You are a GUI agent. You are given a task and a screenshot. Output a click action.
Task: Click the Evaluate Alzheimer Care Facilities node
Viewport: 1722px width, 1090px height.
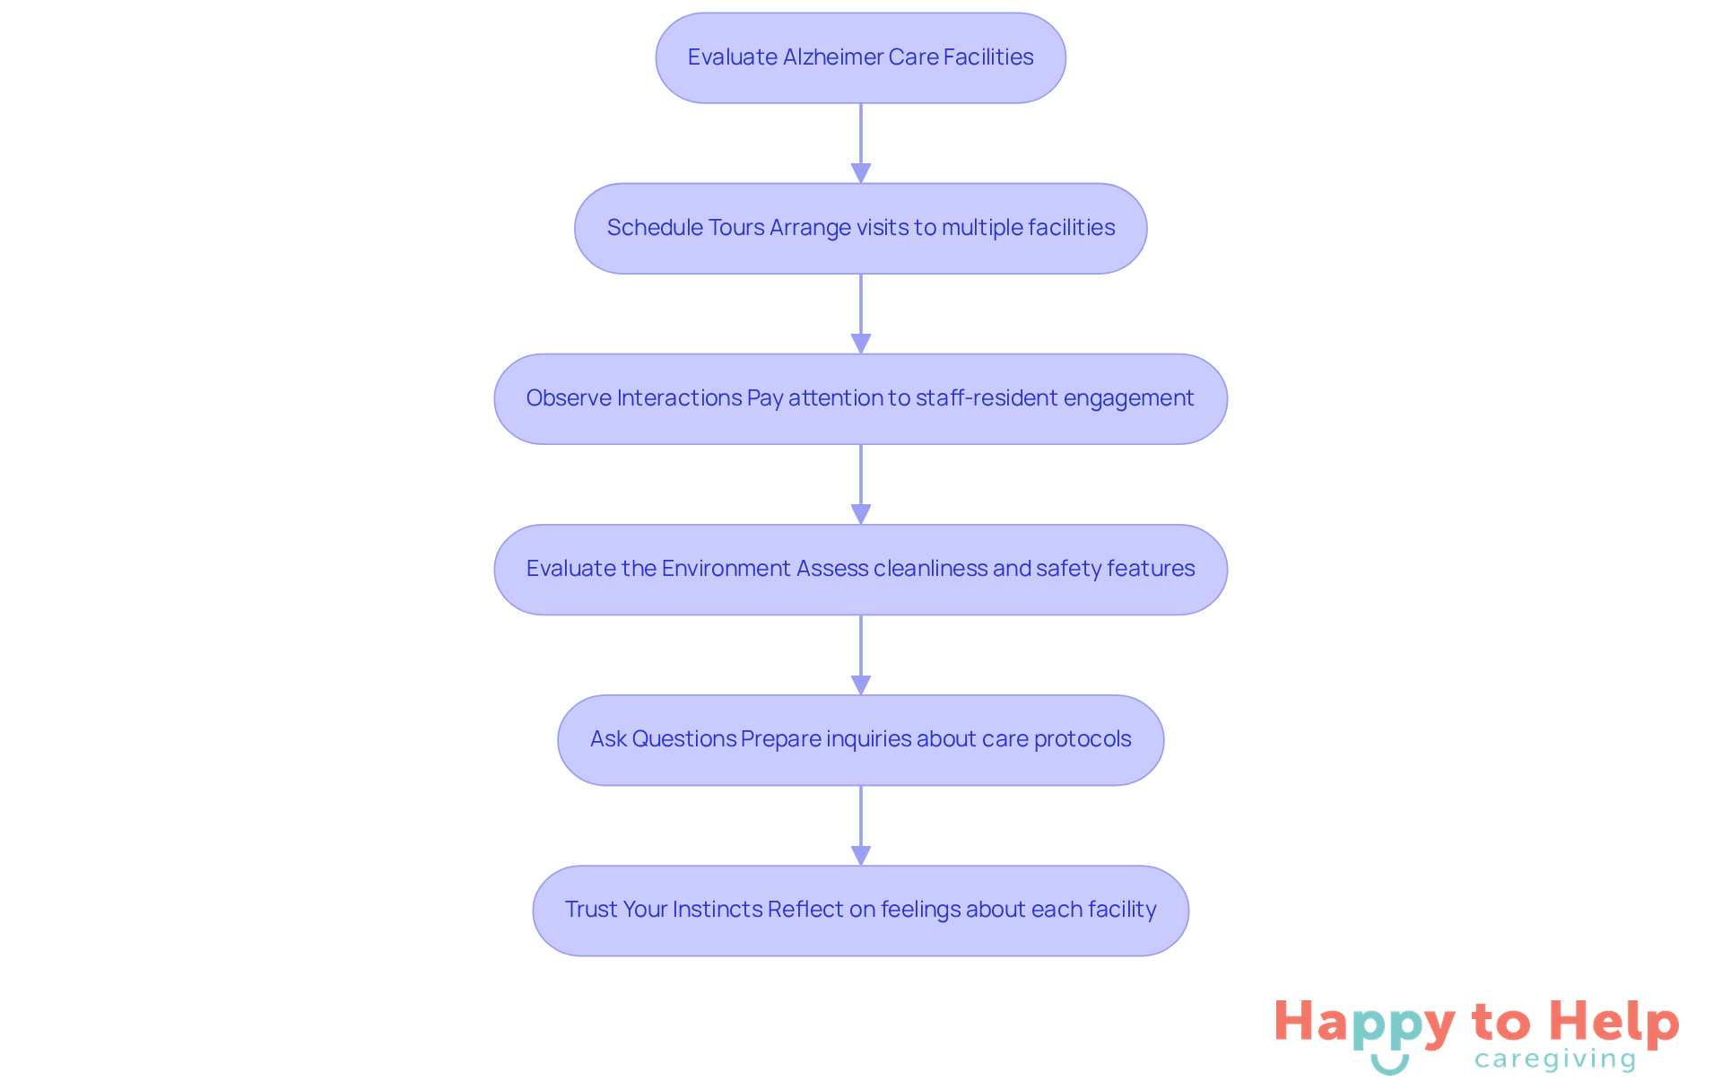click(860, 57)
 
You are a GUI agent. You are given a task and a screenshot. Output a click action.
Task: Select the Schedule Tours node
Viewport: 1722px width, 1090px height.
click(860, 228)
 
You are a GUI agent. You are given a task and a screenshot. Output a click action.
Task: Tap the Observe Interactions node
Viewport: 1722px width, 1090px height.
click(860, 398)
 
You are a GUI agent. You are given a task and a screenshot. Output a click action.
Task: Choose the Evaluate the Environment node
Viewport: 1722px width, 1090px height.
click(860, 569)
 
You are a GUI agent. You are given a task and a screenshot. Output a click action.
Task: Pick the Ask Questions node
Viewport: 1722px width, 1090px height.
click(860, 739)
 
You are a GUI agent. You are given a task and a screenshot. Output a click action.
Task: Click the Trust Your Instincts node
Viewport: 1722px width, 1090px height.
click(860, 910)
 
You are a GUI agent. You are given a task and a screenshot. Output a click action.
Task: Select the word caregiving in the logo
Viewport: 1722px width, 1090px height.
click(1555, 1059)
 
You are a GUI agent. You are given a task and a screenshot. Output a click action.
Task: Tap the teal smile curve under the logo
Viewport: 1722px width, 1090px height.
click(1389, 1066)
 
